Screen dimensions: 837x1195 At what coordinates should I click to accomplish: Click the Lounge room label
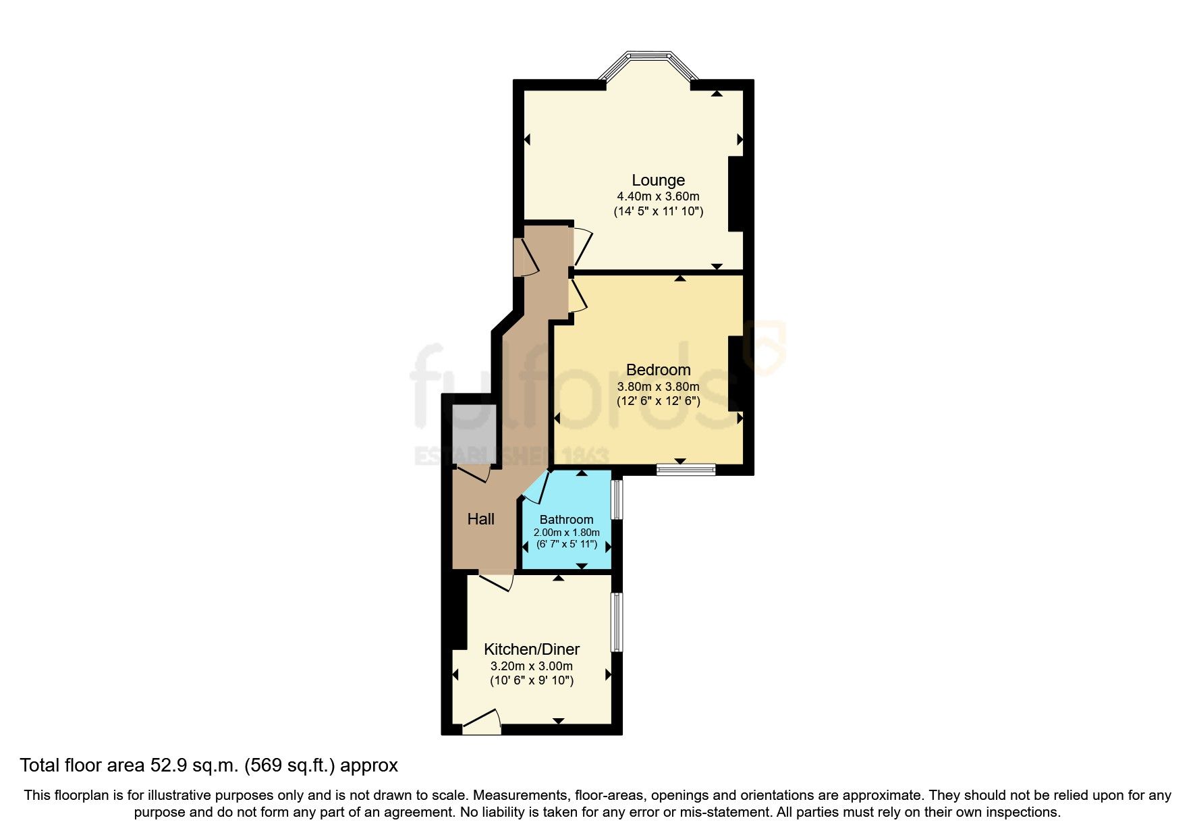click(658, 180)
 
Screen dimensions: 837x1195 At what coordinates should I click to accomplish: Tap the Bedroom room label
click(658, 370)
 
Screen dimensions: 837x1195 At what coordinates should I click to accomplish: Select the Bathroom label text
click(566, 520)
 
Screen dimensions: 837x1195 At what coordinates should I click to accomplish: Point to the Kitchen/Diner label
click(532, 649)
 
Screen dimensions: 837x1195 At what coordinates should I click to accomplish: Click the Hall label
click(481, 519)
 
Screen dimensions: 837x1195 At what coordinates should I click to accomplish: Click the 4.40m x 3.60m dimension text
click(658, 196)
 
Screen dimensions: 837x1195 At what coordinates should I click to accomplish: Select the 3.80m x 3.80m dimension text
click(658, 387)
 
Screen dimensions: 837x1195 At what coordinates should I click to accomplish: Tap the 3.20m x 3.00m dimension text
click(532, 666)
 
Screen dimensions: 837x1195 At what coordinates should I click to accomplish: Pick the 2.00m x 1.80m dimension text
click(566, 533)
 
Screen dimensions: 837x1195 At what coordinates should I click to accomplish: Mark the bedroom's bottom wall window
click(686, 469)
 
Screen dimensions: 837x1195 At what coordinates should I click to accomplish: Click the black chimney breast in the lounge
click(735, 194)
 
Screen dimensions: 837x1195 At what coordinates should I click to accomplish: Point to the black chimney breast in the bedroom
click(735, 373)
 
